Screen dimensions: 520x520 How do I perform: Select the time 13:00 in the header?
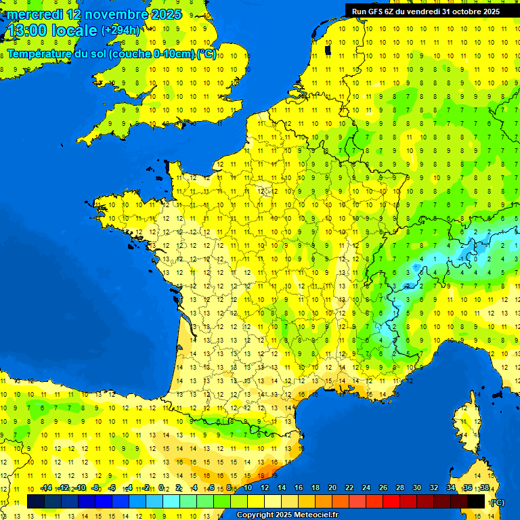pyautogui.click(x=26, y=30)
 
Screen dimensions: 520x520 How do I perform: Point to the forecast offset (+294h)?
pyautogui.click(x=121, y=30)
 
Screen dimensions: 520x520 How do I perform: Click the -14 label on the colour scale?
pyautogui.click(x=46, y=488)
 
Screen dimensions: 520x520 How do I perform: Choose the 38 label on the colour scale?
pyautogui.click(x=484, y=488)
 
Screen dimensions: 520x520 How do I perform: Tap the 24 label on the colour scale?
pyautogui.click(x=366, y=488)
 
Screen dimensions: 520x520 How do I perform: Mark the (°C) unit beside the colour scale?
pyautogui.click(x=497, y=502)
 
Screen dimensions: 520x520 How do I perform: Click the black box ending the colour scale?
pyautogui.click(x=476, y=501)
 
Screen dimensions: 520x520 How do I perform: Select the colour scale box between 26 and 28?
pyautogui.click(x=391, y=501)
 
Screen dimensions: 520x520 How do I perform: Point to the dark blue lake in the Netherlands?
pyautogui.click(x=328, y=49)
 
